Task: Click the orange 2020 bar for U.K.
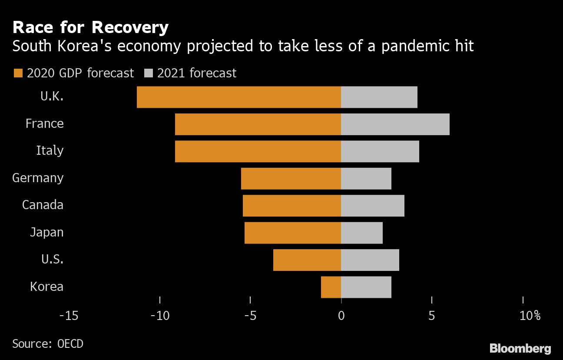(238, 97)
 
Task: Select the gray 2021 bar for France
(395, 124)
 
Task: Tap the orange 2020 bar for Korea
(331, 287)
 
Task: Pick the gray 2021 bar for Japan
(361, 233)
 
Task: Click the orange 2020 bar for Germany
(291, 179)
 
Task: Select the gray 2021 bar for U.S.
(370, 260)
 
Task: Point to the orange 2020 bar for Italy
(258, 151)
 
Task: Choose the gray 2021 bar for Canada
(372, 206)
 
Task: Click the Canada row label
(43, 205)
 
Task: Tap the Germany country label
(38, 178)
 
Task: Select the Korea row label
(46, 287)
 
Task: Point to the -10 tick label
(159, 316)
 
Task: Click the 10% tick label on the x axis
(530, 316)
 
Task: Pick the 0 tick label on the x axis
(341, 316)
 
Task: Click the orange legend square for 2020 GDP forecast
(18, 73)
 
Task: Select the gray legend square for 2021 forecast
(148, 73)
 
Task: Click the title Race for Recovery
(90, 27)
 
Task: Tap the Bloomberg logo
(520, 348)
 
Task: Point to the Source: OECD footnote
(48, 343)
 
